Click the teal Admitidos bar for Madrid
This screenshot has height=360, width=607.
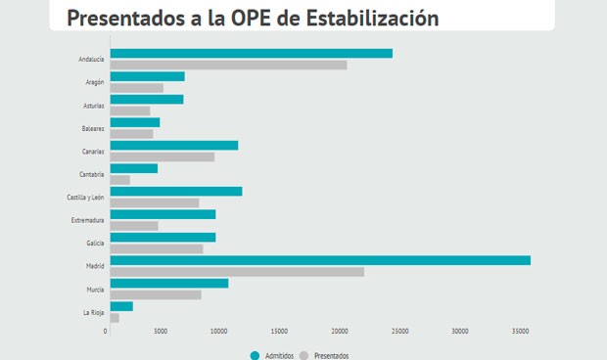pyautogui.click(x=319, y=260)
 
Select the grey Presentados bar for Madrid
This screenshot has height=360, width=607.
pyautogui.click(x=236, y=272)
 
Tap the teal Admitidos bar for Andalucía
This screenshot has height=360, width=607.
pyautogui.click(x=251, y=53)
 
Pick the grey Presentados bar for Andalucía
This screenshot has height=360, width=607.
pyautogui.click(x=228, y=65)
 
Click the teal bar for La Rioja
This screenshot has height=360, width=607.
pyautogui.click(x=121, y=306)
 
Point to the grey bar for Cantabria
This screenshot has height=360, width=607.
pyautogui.click(x=119, y=180)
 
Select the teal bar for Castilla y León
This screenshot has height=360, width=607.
pyautogui.click(x=175, y=192)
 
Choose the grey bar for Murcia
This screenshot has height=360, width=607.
pyautogui.click(x=155, y=294)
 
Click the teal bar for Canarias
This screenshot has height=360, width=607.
pyautogui.click(x=173, y=145)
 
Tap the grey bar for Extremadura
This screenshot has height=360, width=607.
pyautogui.click(x=133, y=226)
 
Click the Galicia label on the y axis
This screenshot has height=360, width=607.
pyautogui.click(x=94, y=244)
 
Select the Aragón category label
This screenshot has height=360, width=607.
pyautogui.click(x=95, y=82)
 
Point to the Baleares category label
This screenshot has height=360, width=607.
pyautogui.click(x=93, y=128)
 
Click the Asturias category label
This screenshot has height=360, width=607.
pyautogui.click(x=94, y=106)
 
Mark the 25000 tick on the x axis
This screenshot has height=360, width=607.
pyautogui.click(x=399, y=333)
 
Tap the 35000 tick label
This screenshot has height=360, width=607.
pyautogui.click(x=519, y=333)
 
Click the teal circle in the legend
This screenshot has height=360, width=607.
pyautogui.click(x=255, y=355)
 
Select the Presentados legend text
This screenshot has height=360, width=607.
pyautogui.click(x=331, y=355)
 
